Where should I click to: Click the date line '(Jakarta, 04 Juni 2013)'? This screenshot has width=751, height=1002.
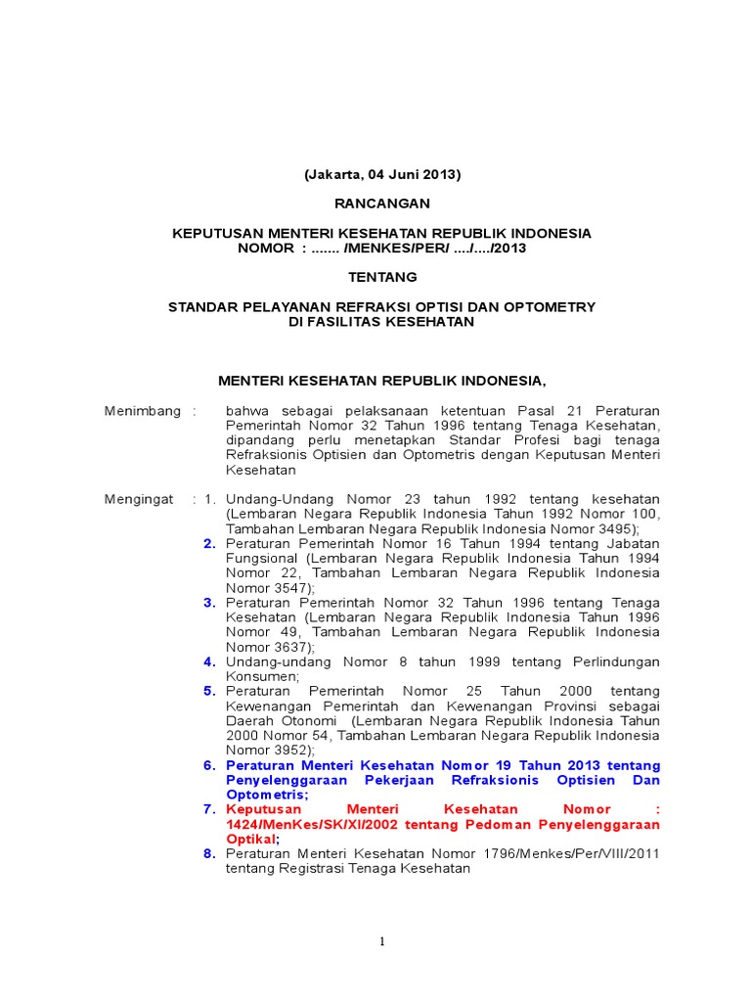pyautogui.click(x=381, y=175)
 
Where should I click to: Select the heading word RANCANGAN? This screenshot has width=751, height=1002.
pyautogui.click(x=382, y=204)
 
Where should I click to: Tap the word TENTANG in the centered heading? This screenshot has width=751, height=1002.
pyautogui.click(x=382, y=277)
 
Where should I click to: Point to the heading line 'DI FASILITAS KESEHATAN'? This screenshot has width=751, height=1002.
pyautogui.click(x=382, y=321)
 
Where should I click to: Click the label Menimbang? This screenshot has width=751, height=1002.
pyautogui.click(x=143, y=411)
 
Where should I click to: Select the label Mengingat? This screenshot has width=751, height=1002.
pyautogui.click(x=139, y=499)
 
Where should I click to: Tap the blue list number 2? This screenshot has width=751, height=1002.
pyautogui.click(x=209, y=544)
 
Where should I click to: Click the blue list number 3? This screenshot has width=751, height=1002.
pyautogui.click(x=209, y=603)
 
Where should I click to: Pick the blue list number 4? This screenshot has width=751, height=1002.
pyautogui.click(x=209, y=661)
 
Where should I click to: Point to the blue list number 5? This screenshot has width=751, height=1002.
pyautogui.click(x=209, y=691)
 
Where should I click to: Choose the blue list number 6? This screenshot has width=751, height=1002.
pyautogui.click(x=209, y=765)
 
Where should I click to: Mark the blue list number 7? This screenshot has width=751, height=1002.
pyautogui.click(x=209, y=809)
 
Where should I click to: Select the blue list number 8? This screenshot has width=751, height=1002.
pyautogui.click(x=209, y=853)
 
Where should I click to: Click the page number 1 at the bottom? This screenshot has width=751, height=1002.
pyautogui.click(x=383, y=941)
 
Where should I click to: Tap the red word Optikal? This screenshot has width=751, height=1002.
pyautogui.click(x=250, y=839)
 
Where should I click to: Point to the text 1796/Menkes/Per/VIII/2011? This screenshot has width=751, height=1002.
pyautogui.click(x=575, y=853)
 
